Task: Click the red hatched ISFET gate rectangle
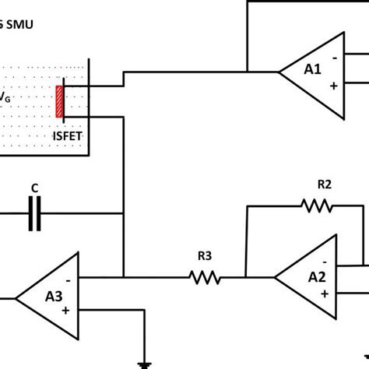[59, 101]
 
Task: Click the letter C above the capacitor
[34, 188]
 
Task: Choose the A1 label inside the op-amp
[313, 69]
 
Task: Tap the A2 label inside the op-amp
[316, 276]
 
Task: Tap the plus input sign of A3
[66, 310]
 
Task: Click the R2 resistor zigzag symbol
[317, 206]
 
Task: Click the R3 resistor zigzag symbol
[205, 276]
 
